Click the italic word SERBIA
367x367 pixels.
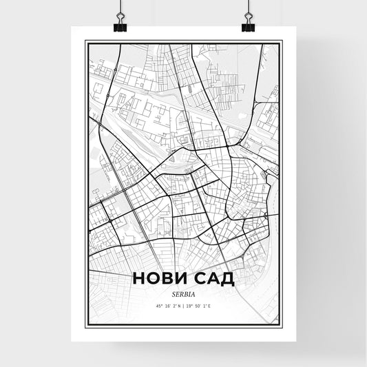(183, 292)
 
